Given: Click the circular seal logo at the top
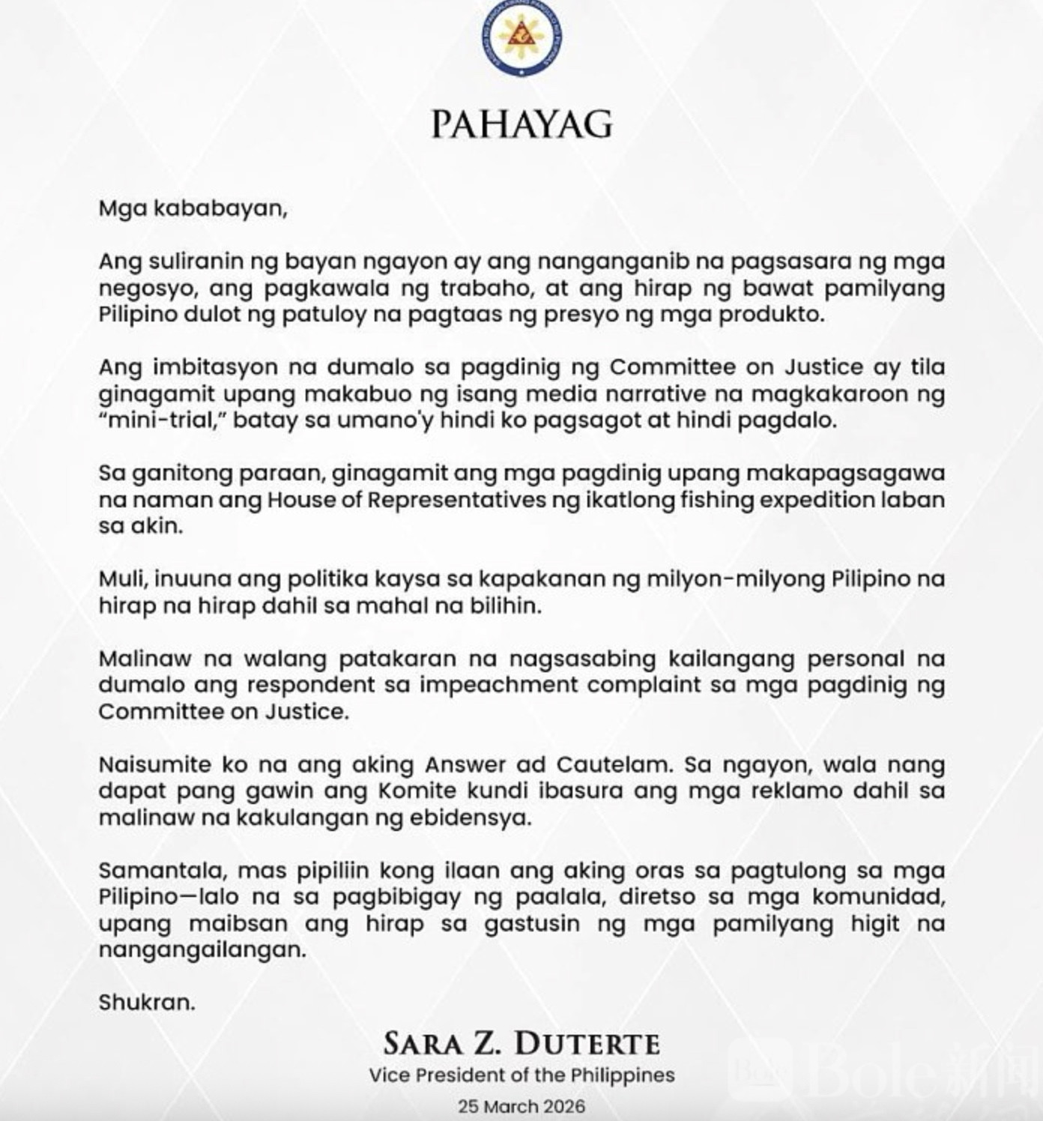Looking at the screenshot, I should tap(521, 37).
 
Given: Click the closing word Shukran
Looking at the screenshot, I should tap(146, 1003).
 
